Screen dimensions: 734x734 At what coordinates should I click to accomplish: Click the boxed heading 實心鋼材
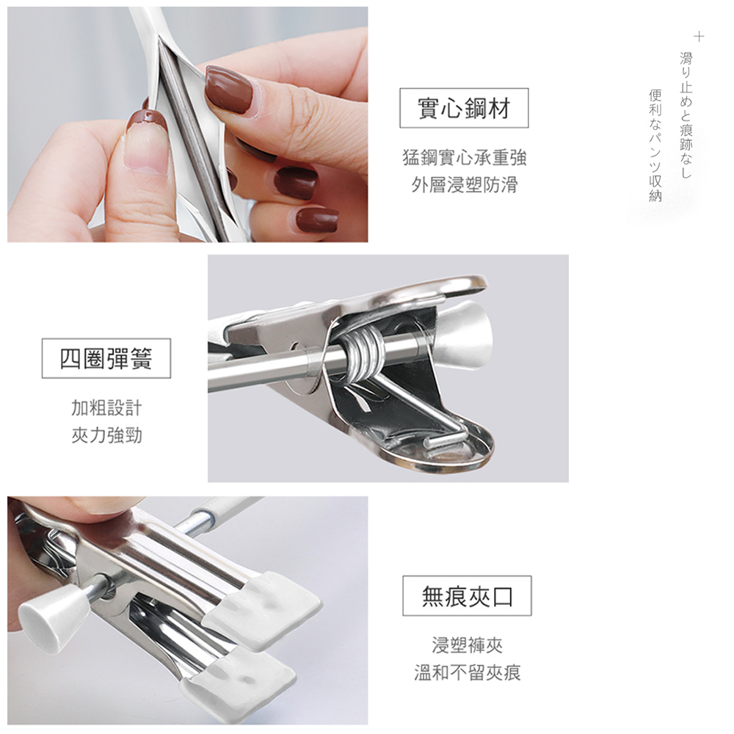[x=463, y=109]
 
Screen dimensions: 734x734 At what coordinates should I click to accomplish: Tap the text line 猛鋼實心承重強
[x=465, y=157]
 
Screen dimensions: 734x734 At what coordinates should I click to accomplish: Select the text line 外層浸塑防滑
[x=465, y=185]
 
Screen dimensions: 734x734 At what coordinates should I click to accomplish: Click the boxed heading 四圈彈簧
[x=106, y=358]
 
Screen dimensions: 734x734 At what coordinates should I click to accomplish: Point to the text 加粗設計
[x=106, y=407]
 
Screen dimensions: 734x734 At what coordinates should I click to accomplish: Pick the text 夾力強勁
[x=106, y=436]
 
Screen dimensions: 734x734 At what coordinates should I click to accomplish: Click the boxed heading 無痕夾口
[x=467, y=596]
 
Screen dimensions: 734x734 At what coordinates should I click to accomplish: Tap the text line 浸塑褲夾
[x=467, y=645]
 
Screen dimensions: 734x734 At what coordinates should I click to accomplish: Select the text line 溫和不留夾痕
[x=467, y=673]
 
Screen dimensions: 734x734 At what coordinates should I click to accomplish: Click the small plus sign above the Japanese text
[x=699, y=36]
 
